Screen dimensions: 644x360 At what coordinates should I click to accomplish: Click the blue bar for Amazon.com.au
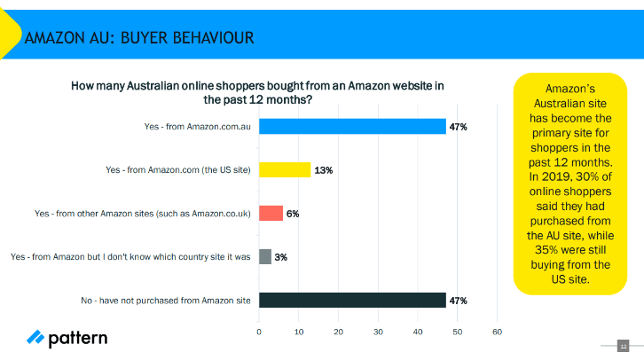click(x=352, y=127)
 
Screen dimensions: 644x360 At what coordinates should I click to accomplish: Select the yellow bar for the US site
click(x=285, y=170)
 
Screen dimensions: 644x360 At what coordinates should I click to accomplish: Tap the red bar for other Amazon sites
click(x=271, y=214)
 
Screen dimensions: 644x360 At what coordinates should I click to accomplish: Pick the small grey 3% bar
click(x=265, y=257)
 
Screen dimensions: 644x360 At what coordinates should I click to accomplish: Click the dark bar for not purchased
click(x=352, y=300)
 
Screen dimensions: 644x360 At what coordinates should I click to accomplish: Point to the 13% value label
click(x=324, y=170)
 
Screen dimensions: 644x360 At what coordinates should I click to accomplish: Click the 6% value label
click(x=293, y=214)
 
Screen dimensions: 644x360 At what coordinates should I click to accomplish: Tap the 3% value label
click(x=281, y=257)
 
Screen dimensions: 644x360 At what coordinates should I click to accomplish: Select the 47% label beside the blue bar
click(x=459, y=127)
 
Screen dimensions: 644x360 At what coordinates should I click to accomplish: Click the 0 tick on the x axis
click(x=259, y=332)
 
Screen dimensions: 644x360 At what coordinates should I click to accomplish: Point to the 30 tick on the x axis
click(x=378, y=332)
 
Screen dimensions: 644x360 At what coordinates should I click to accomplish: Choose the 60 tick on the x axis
click(x=498, y=332)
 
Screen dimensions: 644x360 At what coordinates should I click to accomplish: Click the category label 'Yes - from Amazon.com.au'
click(x=197, y=127)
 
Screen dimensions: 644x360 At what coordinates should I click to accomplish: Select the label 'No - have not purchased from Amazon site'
click(x=166, y=301)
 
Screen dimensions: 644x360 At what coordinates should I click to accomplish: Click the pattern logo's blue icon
click(x=35, y=337)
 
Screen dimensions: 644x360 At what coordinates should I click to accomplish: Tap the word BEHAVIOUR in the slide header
click(x=187, y=38)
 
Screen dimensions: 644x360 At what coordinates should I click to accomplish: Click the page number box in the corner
click(x=623, y=346)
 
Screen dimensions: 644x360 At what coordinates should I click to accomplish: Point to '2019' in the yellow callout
click(x=556, y=176)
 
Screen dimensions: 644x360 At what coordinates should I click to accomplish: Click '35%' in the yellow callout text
click(x=546, y=250)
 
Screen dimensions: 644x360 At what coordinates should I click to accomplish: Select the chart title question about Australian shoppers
click(x=257, y=93)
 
